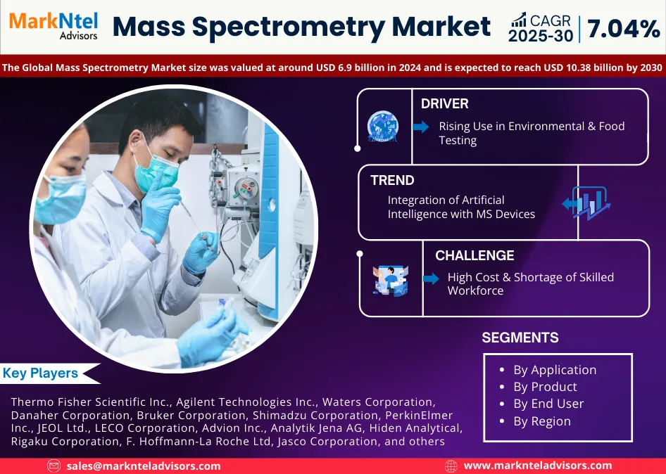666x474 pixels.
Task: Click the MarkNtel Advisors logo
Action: pyautogui.click(x=54, y=25)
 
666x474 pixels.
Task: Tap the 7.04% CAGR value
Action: pyautogui.click(x=622, y=29)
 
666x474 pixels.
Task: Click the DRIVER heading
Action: pyautogui.click(x=444, y=104)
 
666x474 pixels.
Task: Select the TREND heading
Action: pyautogui.click(x=392, y=181)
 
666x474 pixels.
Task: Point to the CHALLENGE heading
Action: pyautogui.click(x=475, y=256)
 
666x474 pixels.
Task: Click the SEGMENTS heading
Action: pyautogui.click(x=520, y=338)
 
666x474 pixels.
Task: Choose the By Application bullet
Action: pyautogui.click(x=554, y=370)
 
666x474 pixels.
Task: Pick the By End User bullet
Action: pyautogui.click(x=548, y=404)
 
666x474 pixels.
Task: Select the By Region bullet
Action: pyautogui.click(x=541, y=421)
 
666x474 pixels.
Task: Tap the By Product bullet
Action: pyautogui.click(x=544, y=387)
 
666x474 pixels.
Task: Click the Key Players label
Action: pyautogui.click(x=40, y=373)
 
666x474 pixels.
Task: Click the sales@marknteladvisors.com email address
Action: pyautogui.click(x=144, y=466)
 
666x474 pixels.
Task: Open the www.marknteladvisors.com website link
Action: pyautogui.click(x=538, y=466)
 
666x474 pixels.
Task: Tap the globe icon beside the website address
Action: pyautogui.click(x=451, y=466)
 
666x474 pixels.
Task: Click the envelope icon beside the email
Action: pyautogui.click(x=54, y=466)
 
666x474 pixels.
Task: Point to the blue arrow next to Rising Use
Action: pyautogui.click(x=421, y=127)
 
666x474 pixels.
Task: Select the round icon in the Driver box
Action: pyautogui.click(x=383, y=127)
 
